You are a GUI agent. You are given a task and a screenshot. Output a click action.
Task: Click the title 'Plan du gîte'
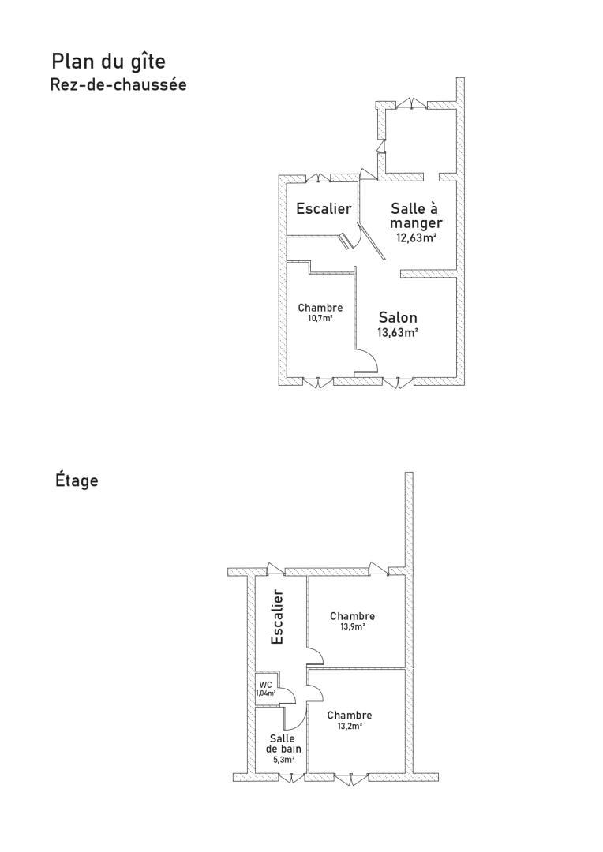[108, 62]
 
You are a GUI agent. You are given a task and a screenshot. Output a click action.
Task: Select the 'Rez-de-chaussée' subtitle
[118, 84]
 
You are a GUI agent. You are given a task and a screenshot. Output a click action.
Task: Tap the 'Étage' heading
[77, 480]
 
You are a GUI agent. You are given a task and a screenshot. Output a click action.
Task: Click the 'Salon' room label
[398, 317]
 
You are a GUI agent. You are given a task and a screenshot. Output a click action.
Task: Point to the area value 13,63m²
[398, 333]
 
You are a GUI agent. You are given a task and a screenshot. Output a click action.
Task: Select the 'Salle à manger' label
[416, 215]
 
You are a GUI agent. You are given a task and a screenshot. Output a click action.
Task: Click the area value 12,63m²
[417, 237]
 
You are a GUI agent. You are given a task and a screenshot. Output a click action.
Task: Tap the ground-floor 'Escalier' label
[324, 208]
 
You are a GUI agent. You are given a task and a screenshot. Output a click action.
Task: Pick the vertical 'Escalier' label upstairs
[277, 617]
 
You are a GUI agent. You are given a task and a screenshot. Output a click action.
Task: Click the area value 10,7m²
[320, 319]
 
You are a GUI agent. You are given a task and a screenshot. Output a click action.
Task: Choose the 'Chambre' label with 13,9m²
[352, 616]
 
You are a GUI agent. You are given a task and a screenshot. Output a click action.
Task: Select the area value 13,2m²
[350, 726]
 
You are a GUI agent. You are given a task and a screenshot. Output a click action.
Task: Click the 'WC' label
[265, 685]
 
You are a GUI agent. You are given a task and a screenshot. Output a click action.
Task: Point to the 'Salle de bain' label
[283, 743]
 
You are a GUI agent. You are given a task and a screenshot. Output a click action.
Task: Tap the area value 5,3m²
[283, 760]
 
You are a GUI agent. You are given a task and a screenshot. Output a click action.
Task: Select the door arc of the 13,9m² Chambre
[319, 654]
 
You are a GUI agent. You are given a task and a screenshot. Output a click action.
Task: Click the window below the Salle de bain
[292, 778]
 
